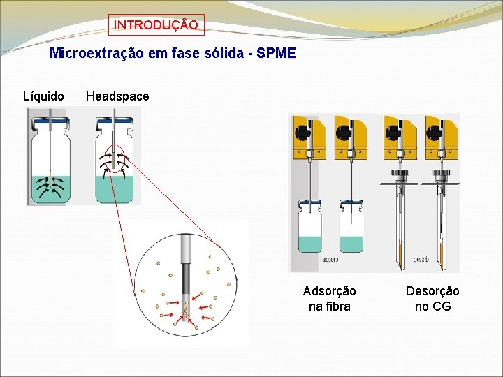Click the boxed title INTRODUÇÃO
coord(156,25)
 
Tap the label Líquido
coord(43,96)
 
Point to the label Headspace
coord(117,96)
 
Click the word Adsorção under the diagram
coord(329,291)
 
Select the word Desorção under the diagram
coord(432,291)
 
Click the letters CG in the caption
coord(442,306)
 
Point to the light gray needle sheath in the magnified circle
coord(187,248)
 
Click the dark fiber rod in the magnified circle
coord(187,286)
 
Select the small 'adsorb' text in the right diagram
coord(330,260)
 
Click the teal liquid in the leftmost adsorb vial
coord(309,244)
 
